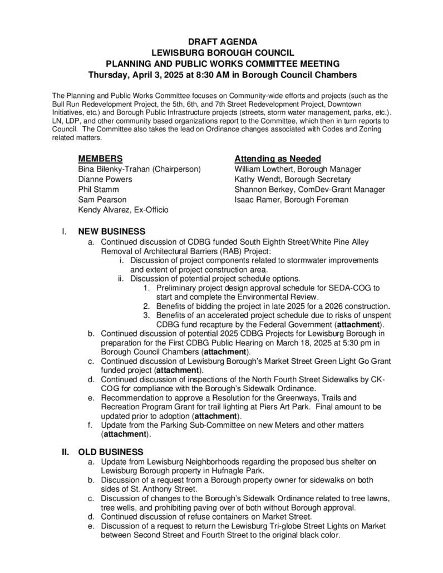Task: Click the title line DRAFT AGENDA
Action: click(222, 42)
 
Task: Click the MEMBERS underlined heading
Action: click(100, 159)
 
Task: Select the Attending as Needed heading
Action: click(278, 159)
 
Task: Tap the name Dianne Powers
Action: click(105, 179)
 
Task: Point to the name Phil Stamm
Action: click(98, 189)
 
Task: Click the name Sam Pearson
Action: click(102, 199)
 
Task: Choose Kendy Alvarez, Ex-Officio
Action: click(124, 209)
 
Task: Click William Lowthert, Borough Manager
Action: click(298, 169)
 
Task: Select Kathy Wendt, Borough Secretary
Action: click(293, 179)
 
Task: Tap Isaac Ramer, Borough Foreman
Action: click(292, 199)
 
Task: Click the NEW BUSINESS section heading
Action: click(111, 231)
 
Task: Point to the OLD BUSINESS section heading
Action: click(111, 452)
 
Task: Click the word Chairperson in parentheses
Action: click(176, 169)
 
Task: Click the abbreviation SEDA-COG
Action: click(353, 288)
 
